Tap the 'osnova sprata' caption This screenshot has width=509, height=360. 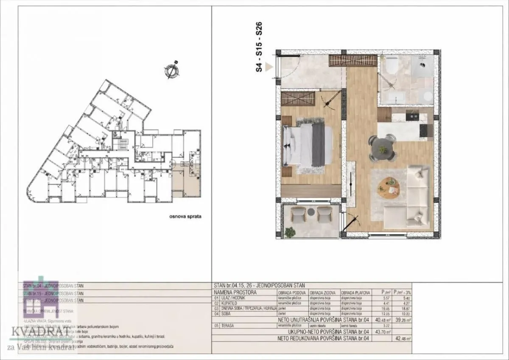[185, 216]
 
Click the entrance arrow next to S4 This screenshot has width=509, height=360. [268, 67]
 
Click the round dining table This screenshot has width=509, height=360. [382, 147]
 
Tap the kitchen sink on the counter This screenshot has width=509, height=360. [411, 115]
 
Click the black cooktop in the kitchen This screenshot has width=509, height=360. [423, 131]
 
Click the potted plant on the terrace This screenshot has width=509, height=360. [290, 232]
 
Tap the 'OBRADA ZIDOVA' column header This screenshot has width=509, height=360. [323, 293]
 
